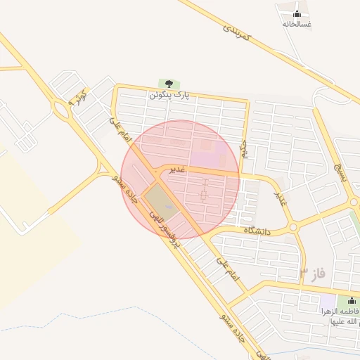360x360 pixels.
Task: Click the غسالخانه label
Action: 297,24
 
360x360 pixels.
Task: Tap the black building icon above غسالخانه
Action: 297,13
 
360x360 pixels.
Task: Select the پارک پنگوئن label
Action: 169,94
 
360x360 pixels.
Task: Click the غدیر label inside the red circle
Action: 176,169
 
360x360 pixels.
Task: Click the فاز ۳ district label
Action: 314,272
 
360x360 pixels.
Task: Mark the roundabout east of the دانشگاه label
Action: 292,228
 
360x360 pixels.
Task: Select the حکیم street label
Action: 244,147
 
